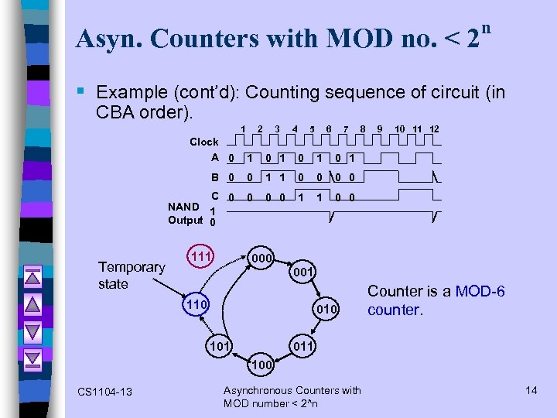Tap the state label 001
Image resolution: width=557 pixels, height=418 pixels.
(x=302, y=272)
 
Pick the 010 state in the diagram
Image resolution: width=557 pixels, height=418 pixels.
(x=326, y=310)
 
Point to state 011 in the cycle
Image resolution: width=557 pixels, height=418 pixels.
(x=302, y=346)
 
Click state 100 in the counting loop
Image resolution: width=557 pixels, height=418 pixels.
(x=261, y=363)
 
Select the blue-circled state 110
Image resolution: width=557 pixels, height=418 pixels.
(x=196, y=305)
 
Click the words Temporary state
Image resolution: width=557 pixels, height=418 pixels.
(x=132, y=276)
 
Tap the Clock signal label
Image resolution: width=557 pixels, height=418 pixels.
(x=204, y=142)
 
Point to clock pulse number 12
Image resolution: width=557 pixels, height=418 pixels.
(x=435, y=128)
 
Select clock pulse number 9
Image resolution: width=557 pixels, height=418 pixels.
(x=380, y=128)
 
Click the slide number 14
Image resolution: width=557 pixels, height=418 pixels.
(x=531, y=390)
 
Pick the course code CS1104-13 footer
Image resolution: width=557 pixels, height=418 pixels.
(x=104, y=392)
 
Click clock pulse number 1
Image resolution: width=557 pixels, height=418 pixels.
(x=243, y=128)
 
